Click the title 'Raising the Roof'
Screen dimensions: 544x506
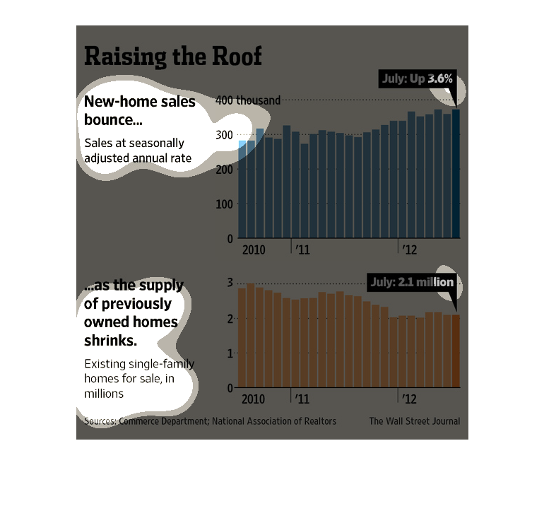coord(173,56)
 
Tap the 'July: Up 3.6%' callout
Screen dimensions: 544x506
coord(418,78)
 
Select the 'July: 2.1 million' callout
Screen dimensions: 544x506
coord(412,282)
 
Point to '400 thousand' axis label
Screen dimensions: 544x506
coord(248,100)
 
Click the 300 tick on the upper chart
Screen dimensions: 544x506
coord(224,135)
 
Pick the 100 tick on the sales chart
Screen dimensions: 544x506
coord(224,204)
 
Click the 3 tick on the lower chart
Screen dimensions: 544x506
coord(230,283)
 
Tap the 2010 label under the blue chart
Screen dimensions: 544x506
coord(254,250)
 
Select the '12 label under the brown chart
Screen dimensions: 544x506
coord(409,399)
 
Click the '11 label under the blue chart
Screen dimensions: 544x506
coord(302,250)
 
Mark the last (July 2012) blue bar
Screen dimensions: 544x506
coord(456,174)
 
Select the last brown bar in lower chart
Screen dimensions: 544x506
coord(456,351)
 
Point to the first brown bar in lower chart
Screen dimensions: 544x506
coord(242,338)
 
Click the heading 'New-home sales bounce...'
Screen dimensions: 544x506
coord(140,110)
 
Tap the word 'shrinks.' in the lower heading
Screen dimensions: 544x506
coord(111,341)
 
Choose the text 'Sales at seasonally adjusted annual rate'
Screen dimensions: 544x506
coord(138,151)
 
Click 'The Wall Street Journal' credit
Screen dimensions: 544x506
coord(415,421)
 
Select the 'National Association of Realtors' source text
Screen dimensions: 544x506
coord(274,421)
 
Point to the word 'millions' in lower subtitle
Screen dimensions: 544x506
coord(104,394)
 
